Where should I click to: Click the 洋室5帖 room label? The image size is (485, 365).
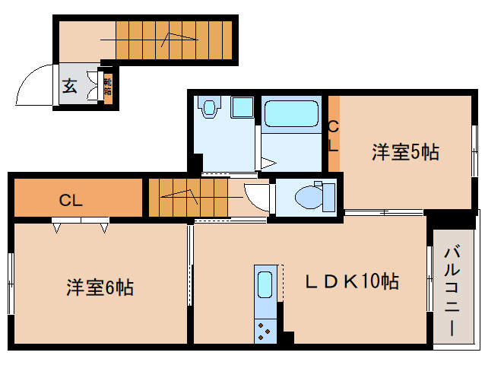[x=404, y=152]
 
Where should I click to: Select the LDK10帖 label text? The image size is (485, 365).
[x=352, y=281]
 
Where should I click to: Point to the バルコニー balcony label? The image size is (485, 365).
[x=450, y=290]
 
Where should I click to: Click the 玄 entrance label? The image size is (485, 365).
[x=69, y=86]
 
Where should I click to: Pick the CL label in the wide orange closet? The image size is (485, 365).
[x=71, y=201]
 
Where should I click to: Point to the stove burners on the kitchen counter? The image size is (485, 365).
[x=266, y=330]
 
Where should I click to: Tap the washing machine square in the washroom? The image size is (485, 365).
[x=242, y=107]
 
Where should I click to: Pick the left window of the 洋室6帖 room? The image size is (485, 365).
[x=11, y=282]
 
